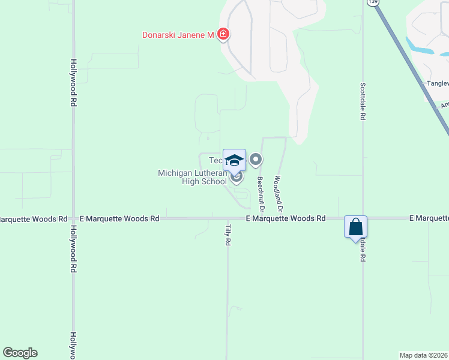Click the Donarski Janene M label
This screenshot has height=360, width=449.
click(178, 35)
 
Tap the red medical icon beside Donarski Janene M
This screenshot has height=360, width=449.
click(223, 34)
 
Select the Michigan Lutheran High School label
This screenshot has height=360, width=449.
click(192, 177)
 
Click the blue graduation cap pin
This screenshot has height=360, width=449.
click(234, 160)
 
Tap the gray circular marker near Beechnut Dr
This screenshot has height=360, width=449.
click(256, 160)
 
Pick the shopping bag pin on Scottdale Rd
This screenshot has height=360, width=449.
click(355, 227)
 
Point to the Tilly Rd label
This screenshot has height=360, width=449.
click(228, 234)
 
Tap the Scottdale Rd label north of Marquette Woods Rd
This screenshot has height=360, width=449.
click(363, 102)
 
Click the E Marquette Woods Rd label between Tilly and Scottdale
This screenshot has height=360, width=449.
click(286, 219)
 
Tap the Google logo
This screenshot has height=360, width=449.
click(20, 353)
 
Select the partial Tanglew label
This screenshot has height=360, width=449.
click(437, 83)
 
